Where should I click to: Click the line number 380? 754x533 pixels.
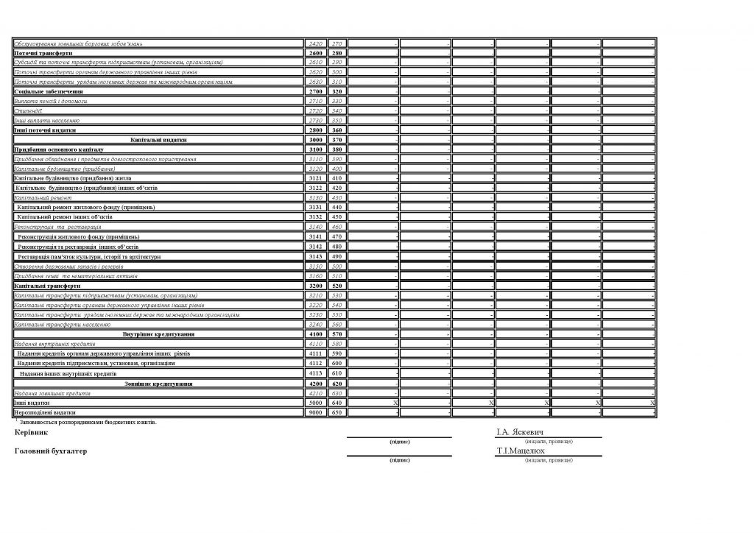pos(337,149)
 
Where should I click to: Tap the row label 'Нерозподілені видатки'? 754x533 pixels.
pos(45,413)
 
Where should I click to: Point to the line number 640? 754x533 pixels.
pos(337,403)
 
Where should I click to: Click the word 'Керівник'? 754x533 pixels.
pos(30,432)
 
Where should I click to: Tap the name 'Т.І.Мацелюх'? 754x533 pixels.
pos(521,450)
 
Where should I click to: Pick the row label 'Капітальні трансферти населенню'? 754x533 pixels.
pos(63,325)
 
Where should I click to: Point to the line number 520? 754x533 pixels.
pos(337,285)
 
